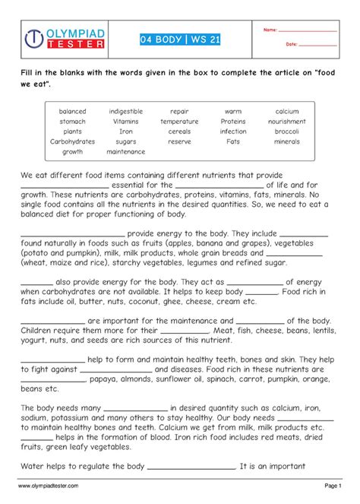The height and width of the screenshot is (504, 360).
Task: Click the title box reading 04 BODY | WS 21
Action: click(x=180, y=39)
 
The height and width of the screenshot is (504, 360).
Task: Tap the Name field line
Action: click(x=308, y=30)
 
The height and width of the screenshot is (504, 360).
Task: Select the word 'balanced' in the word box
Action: click(x=72, y=111)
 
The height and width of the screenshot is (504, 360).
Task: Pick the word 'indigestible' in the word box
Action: click(x=125, y=111)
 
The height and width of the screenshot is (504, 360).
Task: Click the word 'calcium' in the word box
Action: click(x=287, y=111)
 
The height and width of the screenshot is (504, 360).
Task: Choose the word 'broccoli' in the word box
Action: click(x=287, y=132)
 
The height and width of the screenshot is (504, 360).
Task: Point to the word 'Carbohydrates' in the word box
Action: click(x=72, y=141)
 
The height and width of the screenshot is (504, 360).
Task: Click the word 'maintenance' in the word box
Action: click(x=125, y=151)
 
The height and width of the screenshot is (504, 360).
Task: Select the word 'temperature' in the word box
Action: click(x=179, y=121)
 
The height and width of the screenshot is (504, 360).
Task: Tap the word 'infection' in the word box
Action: click(x=233, y=132)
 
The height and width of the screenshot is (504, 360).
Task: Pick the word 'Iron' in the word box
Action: click(x=125, y=132)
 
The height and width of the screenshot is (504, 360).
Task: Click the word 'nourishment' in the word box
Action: click(x=287, y=121)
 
